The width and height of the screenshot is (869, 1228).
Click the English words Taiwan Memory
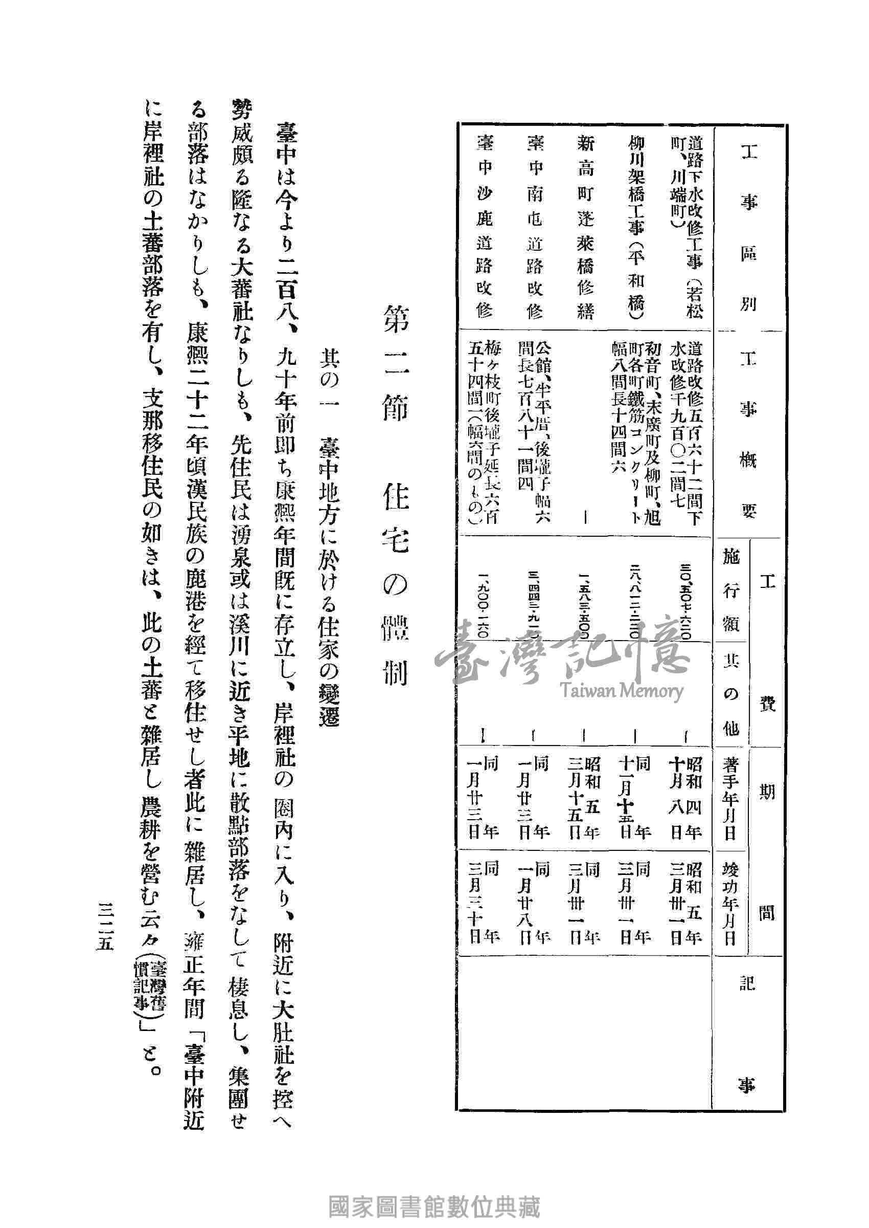(x=622, y=691)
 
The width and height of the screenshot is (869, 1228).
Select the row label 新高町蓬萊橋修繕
(x=585, y=228)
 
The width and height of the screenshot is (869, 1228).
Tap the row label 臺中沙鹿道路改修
(x=484, y=228)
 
